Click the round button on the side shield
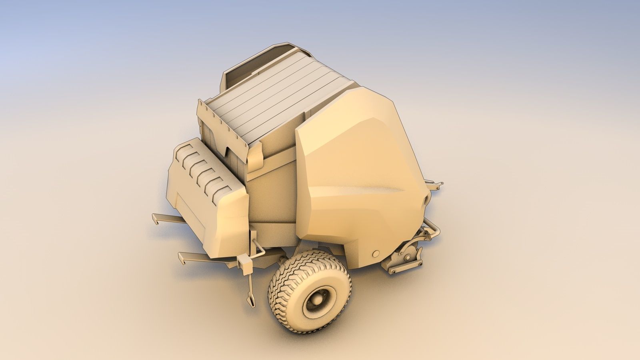point(376,254)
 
